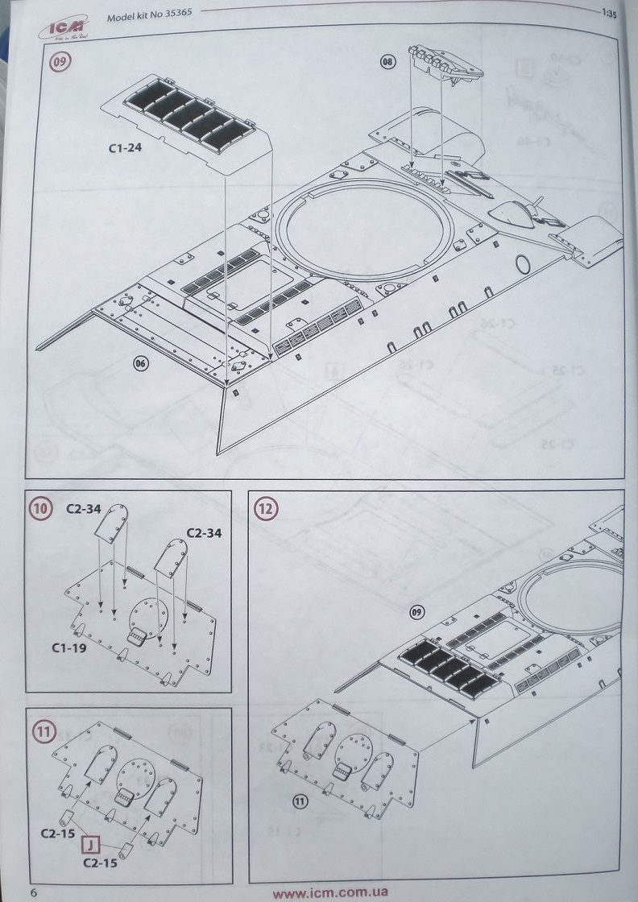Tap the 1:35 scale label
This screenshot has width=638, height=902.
tap(608, 12)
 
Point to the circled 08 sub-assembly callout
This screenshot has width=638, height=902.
tap(389, 62)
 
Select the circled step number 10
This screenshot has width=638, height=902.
tap(39, 508)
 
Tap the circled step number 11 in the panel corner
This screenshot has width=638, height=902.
tap(40, 731)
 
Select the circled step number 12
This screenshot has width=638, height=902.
tap(264, 508)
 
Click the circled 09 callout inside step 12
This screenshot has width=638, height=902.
tap(416, 612)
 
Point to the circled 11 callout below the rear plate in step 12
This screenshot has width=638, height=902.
tap(300, 801)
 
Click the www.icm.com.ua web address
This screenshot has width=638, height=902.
tap(330, 892)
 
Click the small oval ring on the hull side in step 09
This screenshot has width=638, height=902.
tap(522, 263)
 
